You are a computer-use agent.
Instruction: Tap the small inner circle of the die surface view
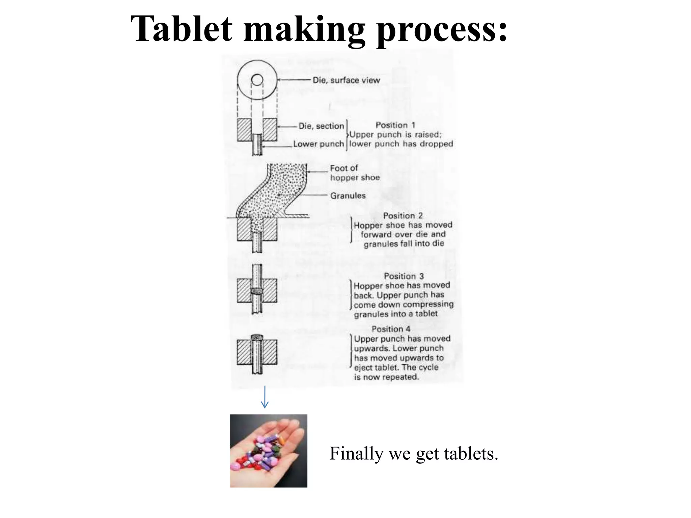click(257, 80)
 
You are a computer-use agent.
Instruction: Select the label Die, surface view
click(346, 80)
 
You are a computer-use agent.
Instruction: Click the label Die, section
click(321, 126)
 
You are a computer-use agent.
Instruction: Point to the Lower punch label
click(318, 144)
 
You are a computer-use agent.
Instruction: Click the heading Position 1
click(395, 125)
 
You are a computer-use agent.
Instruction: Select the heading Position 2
click(403, 215)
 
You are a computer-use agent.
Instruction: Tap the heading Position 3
click(404, 276)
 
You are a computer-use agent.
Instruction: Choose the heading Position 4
click(391, 329)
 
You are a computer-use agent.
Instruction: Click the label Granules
click(348, 196)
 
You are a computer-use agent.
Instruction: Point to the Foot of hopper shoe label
click(354, 173)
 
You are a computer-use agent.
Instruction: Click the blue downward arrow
click(265, 397)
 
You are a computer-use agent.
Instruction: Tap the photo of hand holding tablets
click(269, 451)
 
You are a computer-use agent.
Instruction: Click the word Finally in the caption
click(356, 454)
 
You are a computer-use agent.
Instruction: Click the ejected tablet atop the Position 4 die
click(257, 337)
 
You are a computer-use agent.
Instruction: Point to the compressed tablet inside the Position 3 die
click(257, 290)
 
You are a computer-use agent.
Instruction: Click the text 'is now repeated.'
click(386, 377)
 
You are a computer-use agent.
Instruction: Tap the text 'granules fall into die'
click(404, 243)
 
